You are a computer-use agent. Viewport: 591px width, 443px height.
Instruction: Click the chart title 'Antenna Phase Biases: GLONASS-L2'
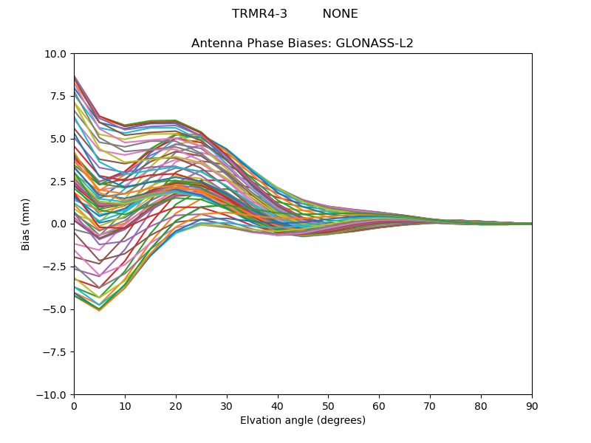[302, 44]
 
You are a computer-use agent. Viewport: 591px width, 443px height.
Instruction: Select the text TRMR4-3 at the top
[259, 14]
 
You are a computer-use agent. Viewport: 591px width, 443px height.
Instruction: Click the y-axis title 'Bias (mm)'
[26, 224]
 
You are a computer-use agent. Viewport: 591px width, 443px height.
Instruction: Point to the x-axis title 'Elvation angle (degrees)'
[302, 421]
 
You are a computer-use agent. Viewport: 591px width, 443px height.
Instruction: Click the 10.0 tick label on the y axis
[55, 54]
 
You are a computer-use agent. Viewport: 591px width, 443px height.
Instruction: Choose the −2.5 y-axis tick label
[55, 267]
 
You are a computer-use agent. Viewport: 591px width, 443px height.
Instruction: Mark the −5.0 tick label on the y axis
[55, 309]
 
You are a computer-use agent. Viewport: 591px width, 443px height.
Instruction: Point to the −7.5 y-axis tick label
[55, 352]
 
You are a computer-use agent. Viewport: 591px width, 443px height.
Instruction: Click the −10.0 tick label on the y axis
[52, 395]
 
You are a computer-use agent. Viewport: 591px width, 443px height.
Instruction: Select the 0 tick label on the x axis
[74, 406]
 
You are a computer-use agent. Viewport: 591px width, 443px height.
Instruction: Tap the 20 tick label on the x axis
[176, 406]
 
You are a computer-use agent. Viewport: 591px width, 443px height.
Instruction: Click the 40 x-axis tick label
[277, 406]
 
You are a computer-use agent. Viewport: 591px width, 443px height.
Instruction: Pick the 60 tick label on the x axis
[379, 406]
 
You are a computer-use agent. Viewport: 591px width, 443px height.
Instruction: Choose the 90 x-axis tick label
[532, 406]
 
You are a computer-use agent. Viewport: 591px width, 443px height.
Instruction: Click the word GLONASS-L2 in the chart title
[375, 44]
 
